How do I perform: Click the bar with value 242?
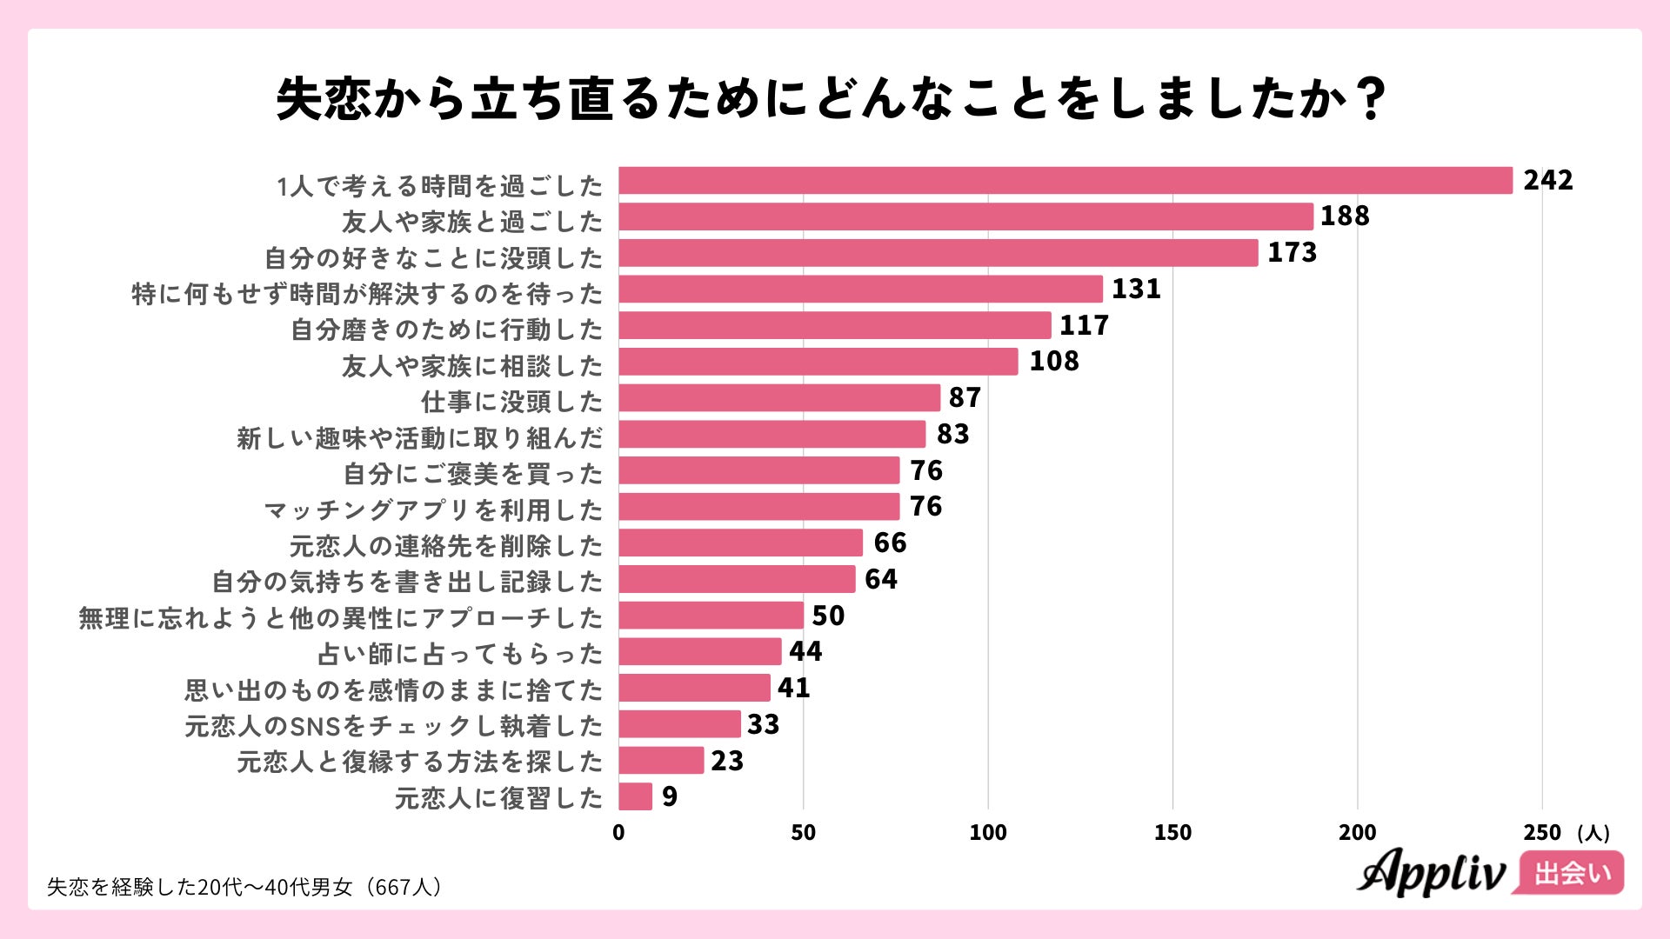(1065, 181)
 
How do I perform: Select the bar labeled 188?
(965, 216)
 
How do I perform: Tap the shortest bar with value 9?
(635, 796)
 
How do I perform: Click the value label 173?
(1292, 253)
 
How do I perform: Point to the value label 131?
(1136, 290)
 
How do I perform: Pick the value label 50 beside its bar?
(828, 616)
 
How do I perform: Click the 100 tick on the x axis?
(988, 833)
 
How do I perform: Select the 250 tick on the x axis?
(1542, 833)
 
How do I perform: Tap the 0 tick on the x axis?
(618, 833)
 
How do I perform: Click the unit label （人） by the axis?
(1593, 833)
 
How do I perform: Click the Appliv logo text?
(1431, 872)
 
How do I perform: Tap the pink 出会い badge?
(1571, 873)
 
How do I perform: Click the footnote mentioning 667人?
(246, 887)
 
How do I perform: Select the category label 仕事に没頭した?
(511, 402)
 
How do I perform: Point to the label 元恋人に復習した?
(498, 797)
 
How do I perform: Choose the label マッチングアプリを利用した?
(433, 509)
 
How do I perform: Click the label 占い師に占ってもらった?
(460, 654)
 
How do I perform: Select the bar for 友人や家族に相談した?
(818, 362)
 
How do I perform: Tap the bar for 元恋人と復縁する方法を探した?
(661, 760)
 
